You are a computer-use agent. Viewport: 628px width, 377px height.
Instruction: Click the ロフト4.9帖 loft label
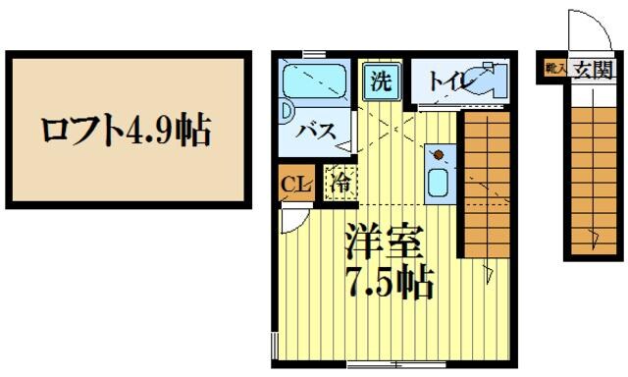[x=125, y=129]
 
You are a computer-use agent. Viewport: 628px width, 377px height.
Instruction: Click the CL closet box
[x=292, y=183]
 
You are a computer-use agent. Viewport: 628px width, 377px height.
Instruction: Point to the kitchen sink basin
[x=438, y=182]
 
